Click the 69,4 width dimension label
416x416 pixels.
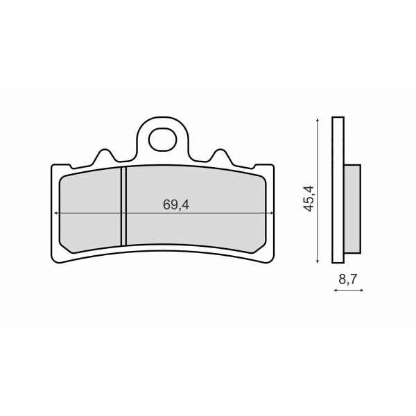pyautogui.click(x=176, y=205)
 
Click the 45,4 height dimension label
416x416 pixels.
pyautogui.click(x=309, y=199)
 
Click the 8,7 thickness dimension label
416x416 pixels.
pyautogui.click(x=348, y=279)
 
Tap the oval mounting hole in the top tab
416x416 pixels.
pyautogui.click(x=163, y=139)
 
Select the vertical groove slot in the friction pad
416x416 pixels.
pyautogui.click(x=123, y=207)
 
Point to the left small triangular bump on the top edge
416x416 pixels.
pyautogui.click(x=105, y=155)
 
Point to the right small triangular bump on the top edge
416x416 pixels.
pyautogui.click(x=221, y=155)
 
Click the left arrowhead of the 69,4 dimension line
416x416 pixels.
pyautogui.click(x=55, y=213)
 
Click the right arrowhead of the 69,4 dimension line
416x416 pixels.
pyautogui.click(x=271, y=213)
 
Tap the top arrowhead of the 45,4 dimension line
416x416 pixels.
pyautogui.click(x=318, y=121)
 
